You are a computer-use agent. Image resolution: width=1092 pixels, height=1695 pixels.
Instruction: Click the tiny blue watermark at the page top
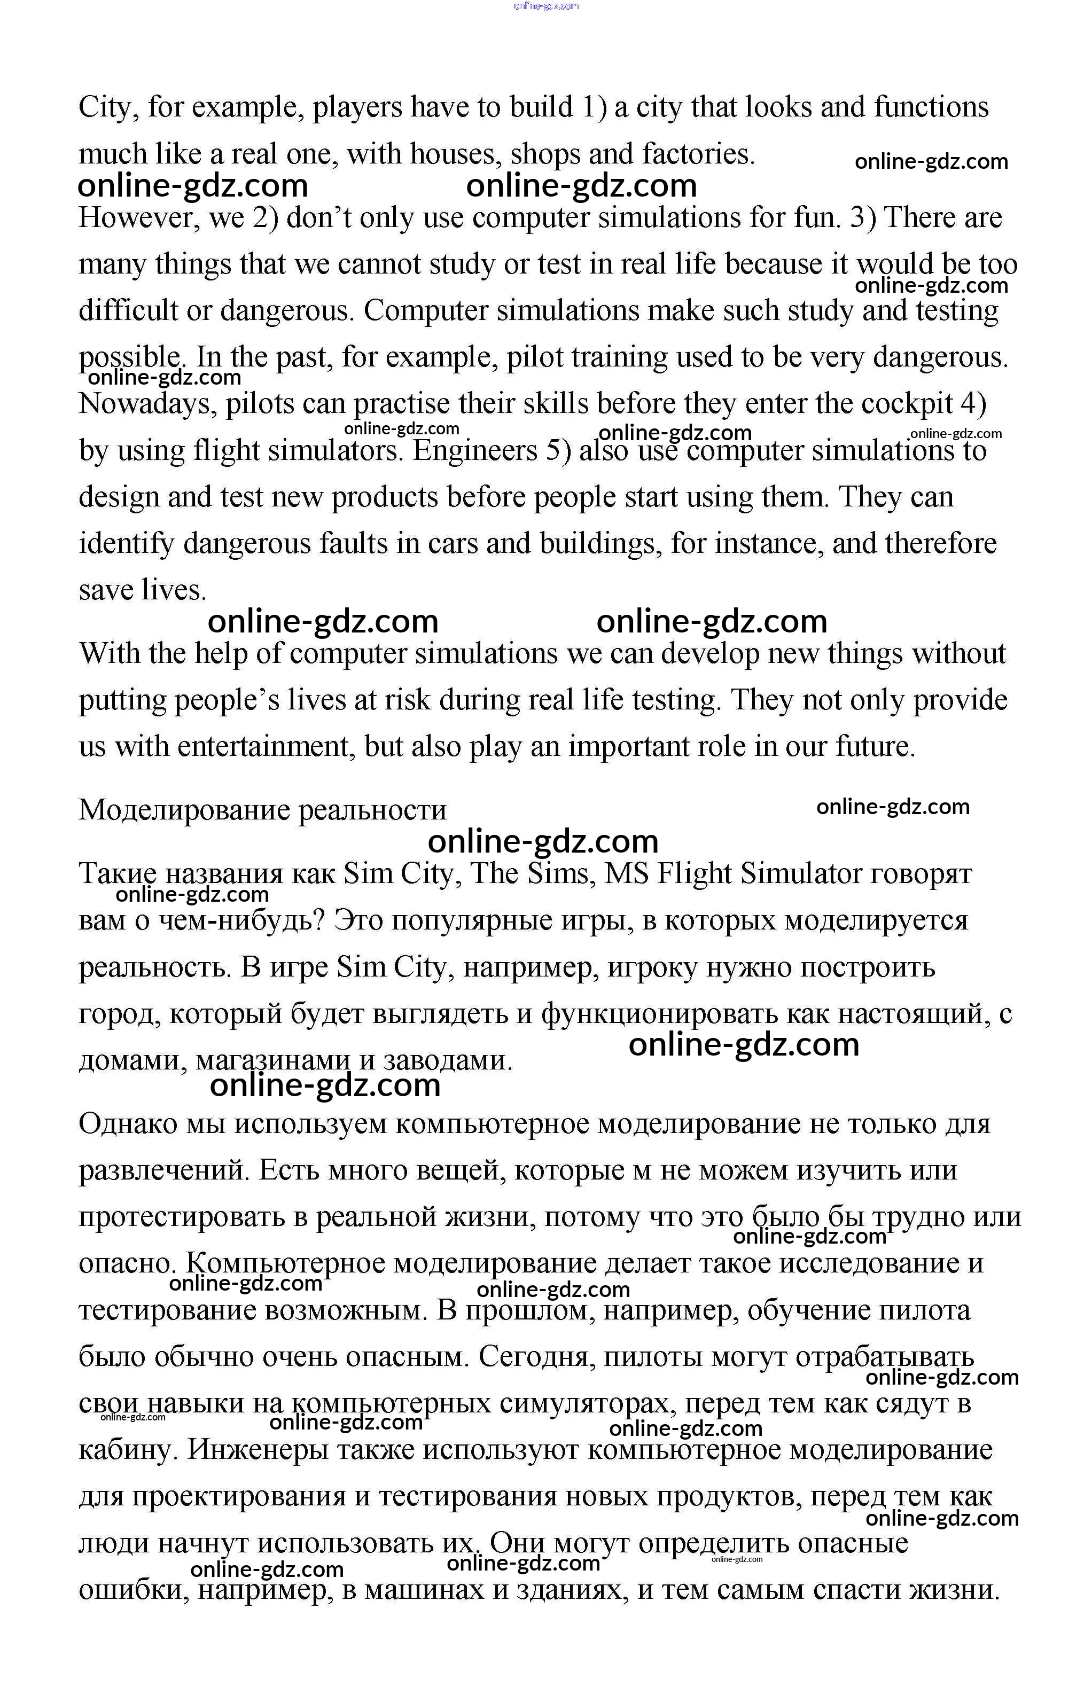tap(545, 6)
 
